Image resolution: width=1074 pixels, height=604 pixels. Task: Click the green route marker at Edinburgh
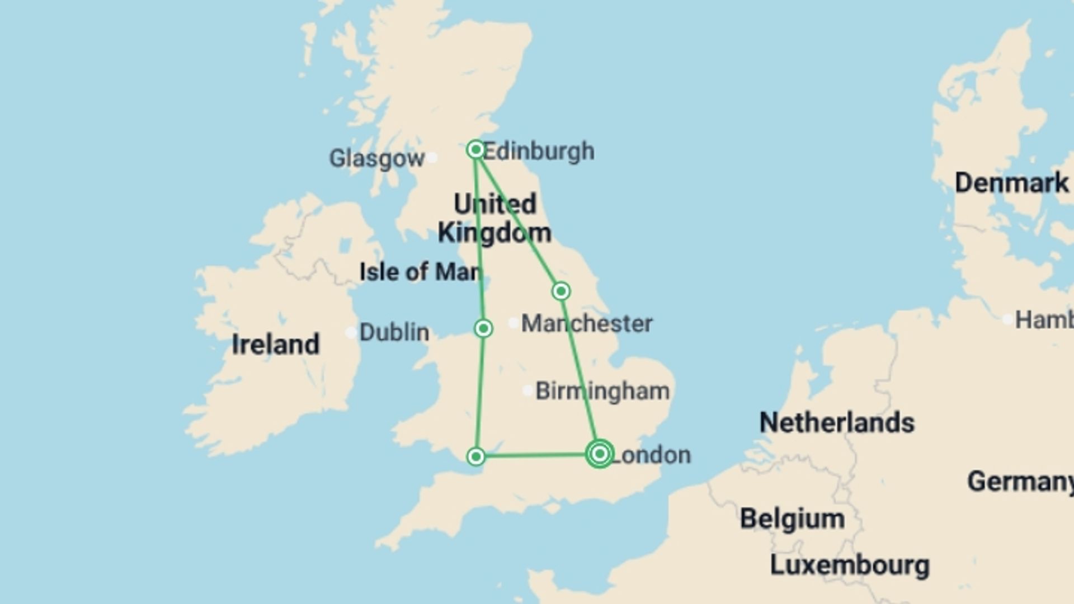pos(475,149)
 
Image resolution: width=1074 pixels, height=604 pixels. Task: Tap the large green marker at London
pos(600,454)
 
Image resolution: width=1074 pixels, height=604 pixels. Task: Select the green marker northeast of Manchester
pos(561,291)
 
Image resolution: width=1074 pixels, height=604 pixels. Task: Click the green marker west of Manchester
pos(483,328)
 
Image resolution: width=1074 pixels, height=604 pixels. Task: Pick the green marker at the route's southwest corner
pos(476,456)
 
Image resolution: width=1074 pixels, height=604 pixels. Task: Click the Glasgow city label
pos(376,159)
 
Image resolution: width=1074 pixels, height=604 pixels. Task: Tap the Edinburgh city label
pos(539,151)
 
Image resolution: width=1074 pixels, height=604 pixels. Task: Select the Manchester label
pos(587,323)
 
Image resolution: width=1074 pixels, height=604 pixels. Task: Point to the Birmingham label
pos(602,391)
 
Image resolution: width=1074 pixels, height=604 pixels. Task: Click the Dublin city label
pos(394,332)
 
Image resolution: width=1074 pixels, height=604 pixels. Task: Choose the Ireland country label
pos(276,344)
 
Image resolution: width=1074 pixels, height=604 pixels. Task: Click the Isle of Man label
pos(420,272)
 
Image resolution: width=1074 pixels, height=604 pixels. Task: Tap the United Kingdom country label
pos(494,218)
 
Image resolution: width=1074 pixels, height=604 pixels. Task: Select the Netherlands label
pos(837,422)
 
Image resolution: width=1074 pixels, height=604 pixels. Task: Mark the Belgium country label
pos(792,518)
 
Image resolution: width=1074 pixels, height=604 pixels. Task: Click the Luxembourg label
pos(850,565)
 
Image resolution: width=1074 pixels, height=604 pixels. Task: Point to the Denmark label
pos(1011,183)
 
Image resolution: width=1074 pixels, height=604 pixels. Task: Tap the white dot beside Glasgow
pos(432,158)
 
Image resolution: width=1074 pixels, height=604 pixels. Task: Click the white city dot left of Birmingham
pos(527,390)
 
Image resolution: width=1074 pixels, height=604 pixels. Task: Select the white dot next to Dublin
pos(351,333)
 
